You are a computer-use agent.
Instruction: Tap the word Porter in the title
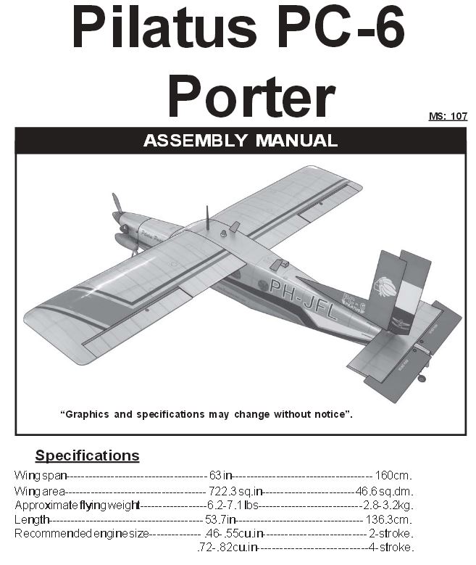pyautogui.click(x=251, y=97)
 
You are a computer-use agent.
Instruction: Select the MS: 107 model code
pyautogui.click(x=448, y=116)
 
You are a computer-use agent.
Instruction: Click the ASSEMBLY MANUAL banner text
pyautogui.click(x=241, y=140)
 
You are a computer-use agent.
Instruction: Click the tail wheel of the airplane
pyautogui.click(x=422, y=378)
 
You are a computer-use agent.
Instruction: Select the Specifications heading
pyautogui.click(x=87, y=455)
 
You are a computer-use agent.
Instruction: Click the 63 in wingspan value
pyautogui.click(x=220, y=475)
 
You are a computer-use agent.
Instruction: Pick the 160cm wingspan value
pyautogui.click(x=393, y=475)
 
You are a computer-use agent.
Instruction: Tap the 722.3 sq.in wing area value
pyautogui.click(x=235, y=491)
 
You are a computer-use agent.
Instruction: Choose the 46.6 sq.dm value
pyautogui.click(x=384, y=491)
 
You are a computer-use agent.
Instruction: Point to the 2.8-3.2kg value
pyautogui.click(x=388, y=506)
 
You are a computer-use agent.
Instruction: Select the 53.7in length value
pyautogui.click(x=220, y=519)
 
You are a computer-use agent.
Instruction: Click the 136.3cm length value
pyautogui.click(x=388, y=519)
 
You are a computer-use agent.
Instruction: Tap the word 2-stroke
pyautogui.click(x=391, y=533)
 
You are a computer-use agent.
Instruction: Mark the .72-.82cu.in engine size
pyautogui.click(x=227, y=548)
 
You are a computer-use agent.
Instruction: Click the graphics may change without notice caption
pyautogui.click(x=206, y=414)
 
